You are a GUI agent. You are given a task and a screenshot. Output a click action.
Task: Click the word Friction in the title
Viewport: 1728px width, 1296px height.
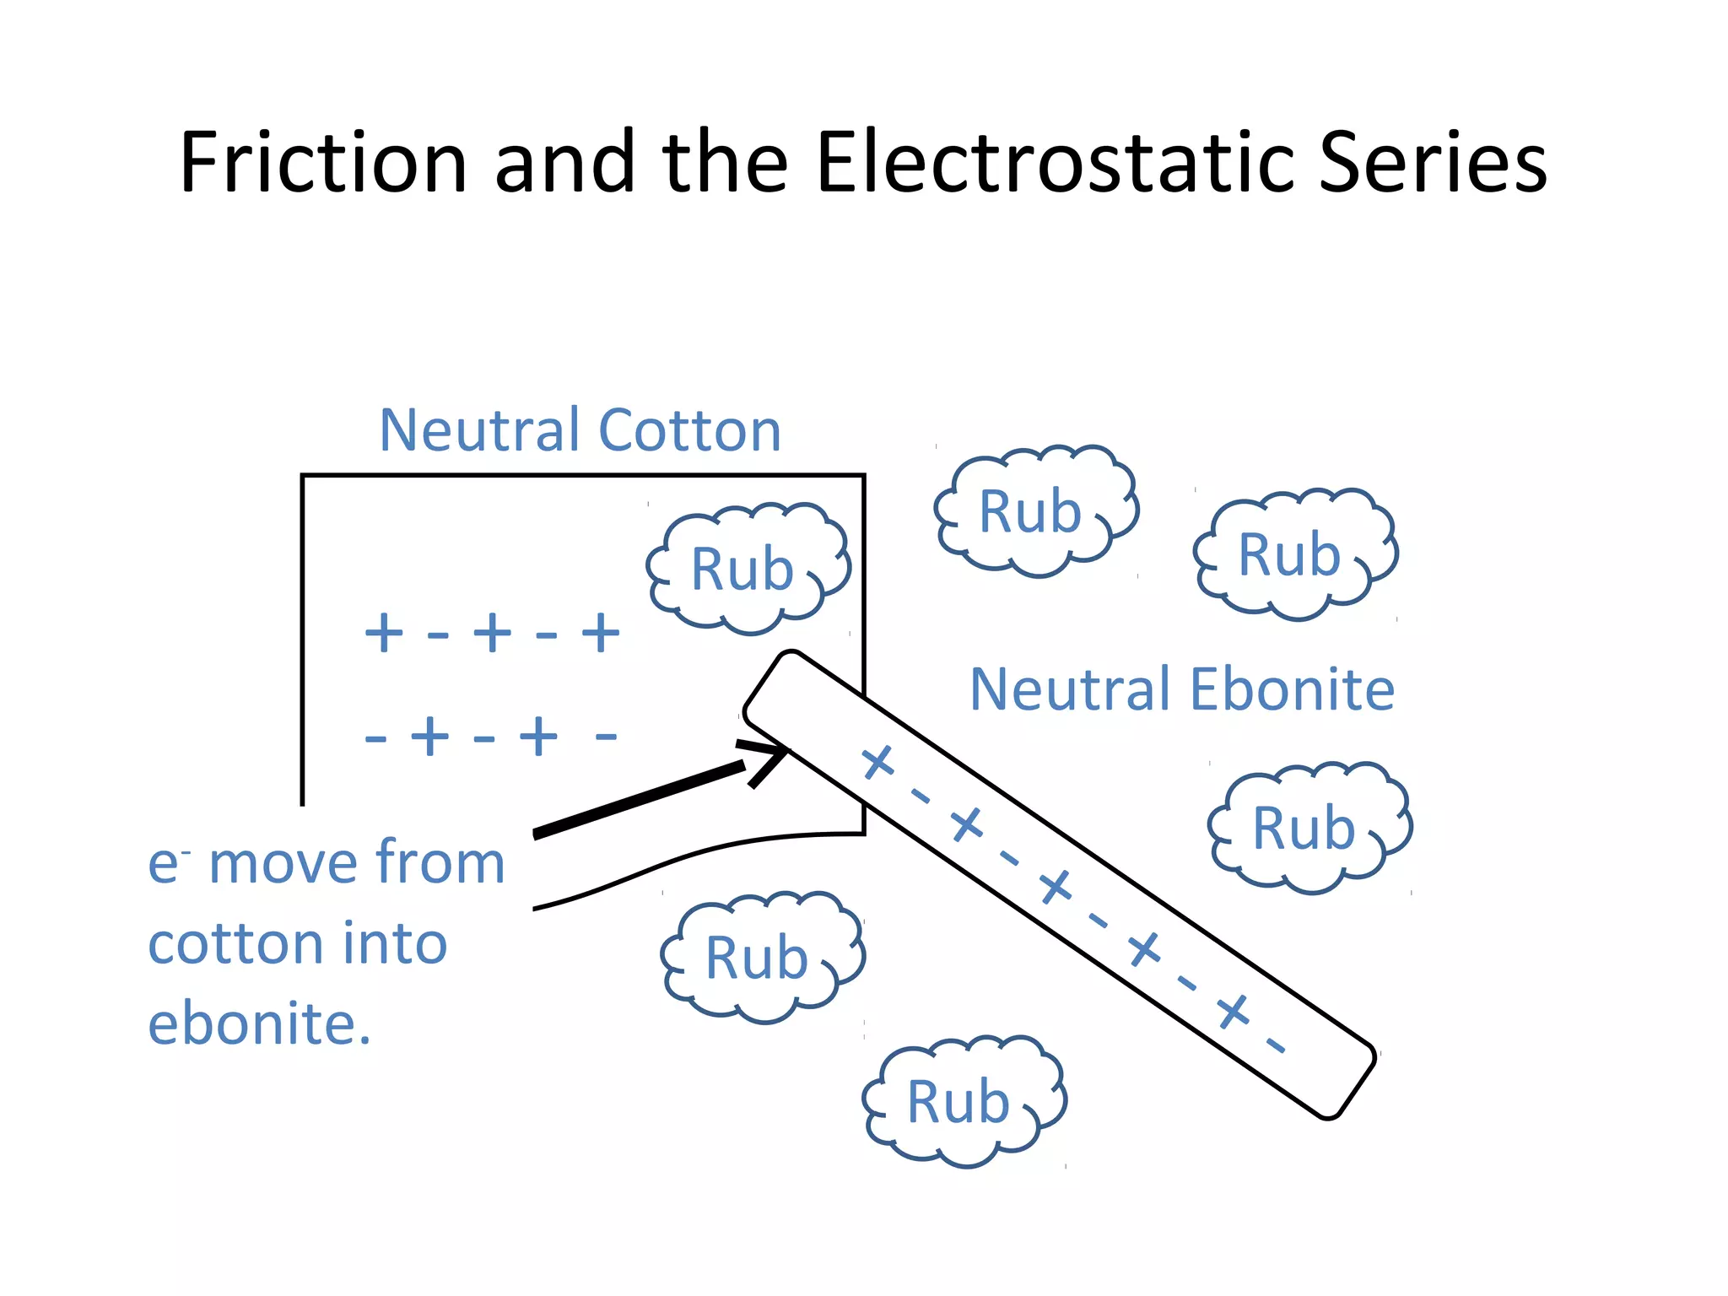click(323, 162)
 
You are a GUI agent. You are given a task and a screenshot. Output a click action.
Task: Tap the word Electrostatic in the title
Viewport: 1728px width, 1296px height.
click(1056, 162)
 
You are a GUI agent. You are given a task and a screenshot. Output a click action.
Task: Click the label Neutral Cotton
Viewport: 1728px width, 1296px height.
click(580, 430)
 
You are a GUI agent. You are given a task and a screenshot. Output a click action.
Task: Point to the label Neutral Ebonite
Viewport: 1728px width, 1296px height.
click(1181, 689)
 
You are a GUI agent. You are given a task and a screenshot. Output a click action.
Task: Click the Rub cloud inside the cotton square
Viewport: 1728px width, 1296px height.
click(747, 569)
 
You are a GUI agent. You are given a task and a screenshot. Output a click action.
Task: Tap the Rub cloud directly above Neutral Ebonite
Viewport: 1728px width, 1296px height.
click(1294, 554)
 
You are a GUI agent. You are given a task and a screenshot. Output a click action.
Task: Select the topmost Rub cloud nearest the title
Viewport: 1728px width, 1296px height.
click(1035, 511)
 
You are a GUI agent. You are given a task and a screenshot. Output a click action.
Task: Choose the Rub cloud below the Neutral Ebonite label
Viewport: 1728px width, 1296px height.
click(1309, 828)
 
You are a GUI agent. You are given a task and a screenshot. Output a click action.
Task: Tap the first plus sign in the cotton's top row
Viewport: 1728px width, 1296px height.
click(383, 633)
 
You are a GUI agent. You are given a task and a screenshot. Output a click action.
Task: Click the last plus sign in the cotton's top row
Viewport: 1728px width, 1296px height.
click(601, 633)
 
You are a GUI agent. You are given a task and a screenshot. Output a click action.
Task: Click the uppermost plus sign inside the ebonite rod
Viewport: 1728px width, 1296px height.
click(877, 762)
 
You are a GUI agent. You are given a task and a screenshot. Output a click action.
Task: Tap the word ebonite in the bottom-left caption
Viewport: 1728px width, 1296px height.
click(259, 1023)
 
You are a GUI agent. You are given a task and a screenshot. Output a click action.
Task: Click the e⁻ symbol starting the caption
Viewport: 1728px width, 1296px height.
click(166, 864)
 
